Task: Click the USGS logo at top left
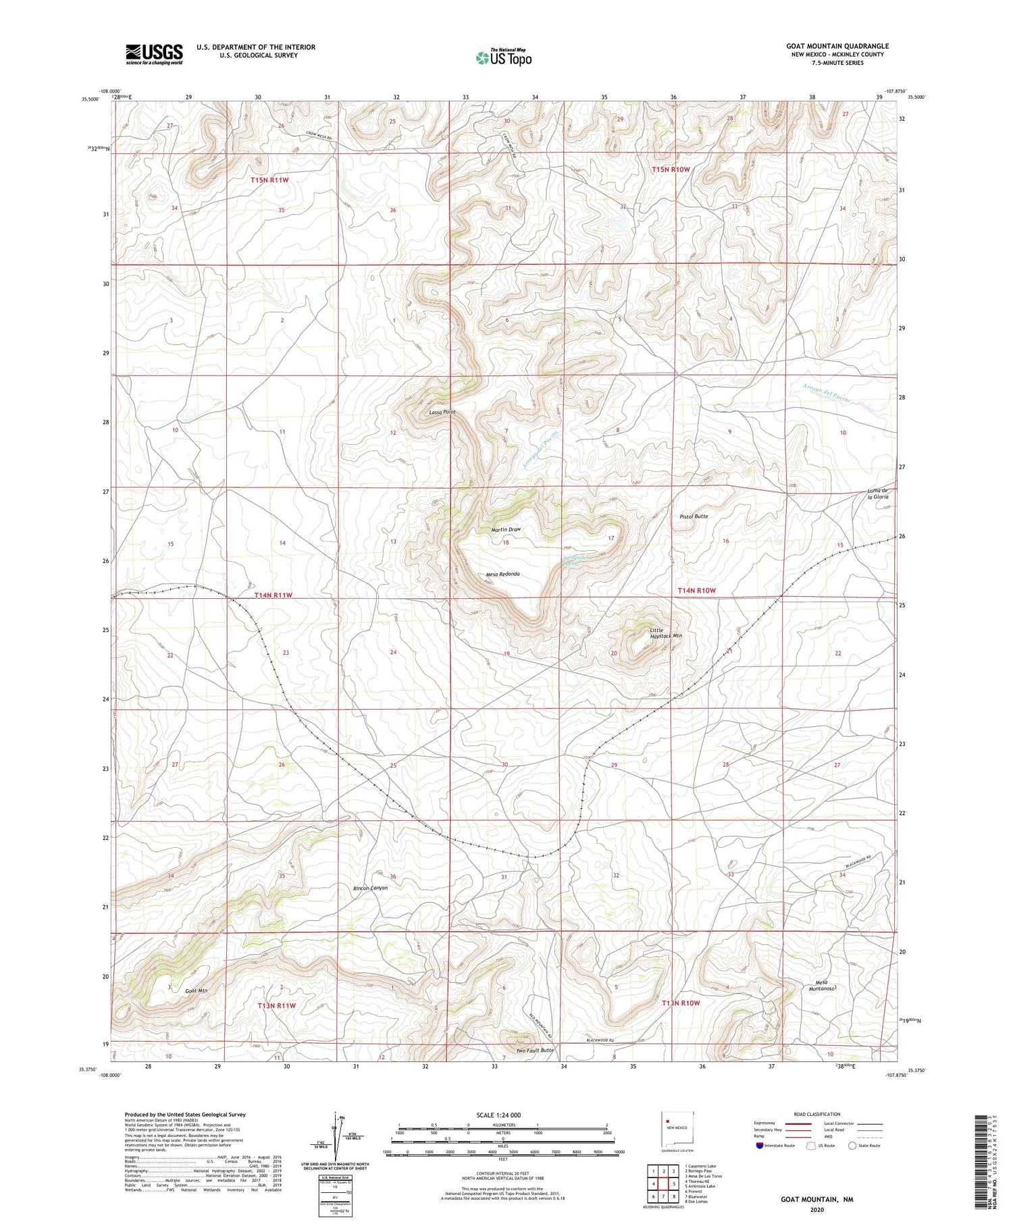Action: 154,54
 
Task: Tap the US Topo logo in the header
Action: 503,57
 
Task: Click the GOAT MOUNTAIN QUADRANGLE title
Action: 837,46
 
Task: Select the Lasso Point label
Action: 442,412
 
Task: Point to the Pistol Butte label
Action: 694,516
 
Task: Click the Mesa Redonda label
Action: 502,574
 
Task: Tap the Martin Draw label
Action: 506,529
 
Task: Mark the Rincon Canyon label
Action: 371,888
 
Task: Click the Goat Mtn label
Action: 196,990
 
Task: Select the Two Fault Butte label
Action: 535,1050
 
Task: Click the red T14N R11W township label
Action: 274,595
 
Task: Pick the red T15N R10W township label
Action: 671,169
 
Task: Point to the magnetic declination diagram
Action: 336,1141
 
